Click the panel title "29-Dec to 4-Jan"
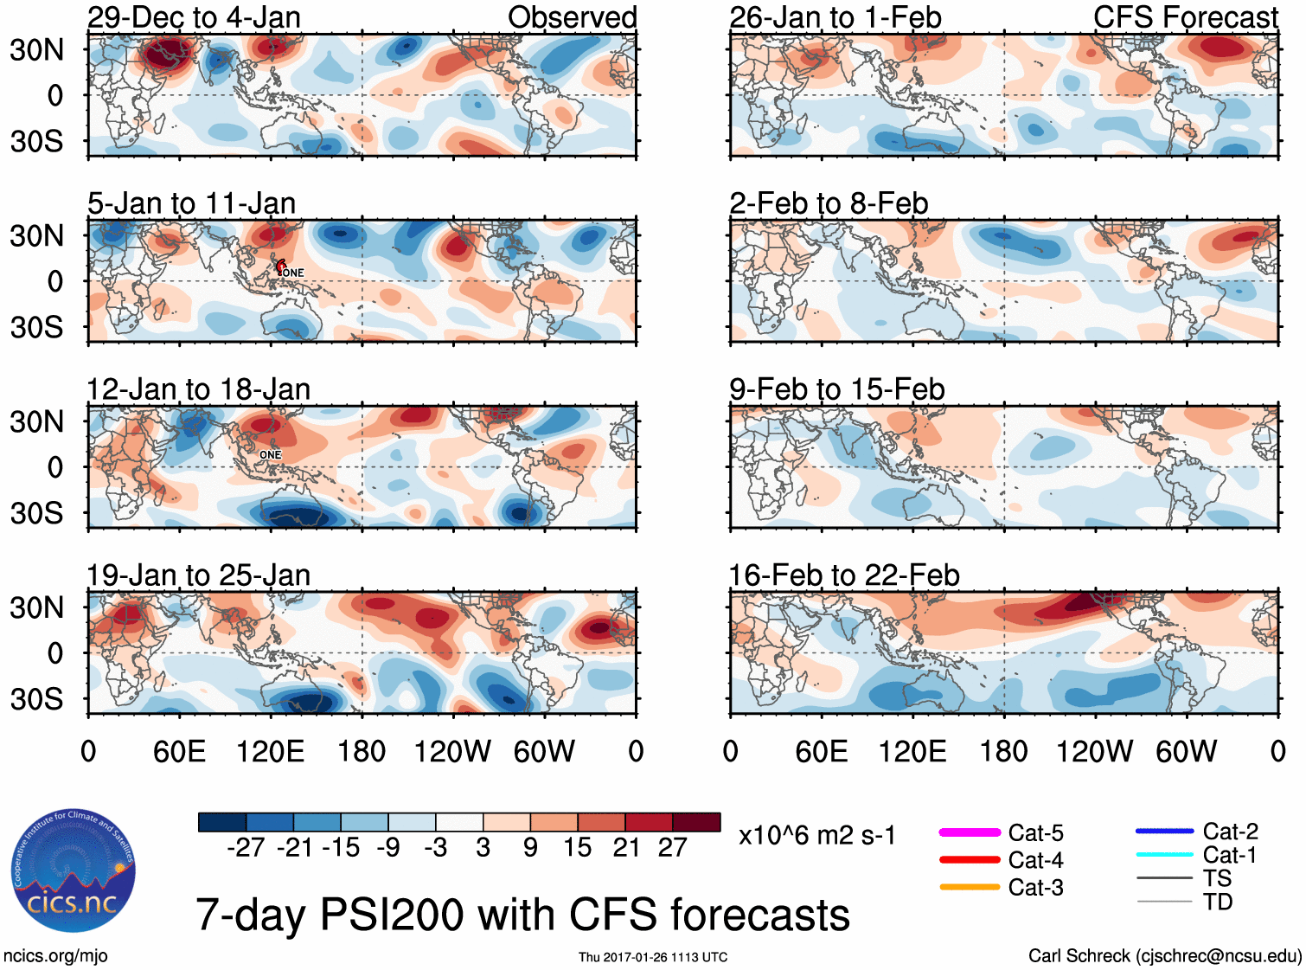194,17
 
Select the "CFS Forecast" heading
1185,17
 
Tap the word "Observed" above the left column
572,17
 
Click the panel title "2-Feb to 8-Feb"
829,203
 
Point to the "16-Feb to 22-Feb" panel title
844,575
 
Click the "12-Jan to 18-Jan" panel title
198,389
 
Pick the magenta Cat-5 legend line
970,832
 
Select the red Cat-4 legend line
970,860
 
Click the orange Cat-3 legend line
970,887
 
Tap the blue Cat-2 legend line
1164,832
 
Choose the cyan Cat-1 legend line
1164,855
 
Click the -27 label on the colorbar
246,848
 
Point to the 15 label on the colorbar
577,848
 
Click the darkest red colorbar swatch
696,822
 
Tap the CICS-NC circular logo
74,870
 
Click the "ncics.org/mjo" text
55,956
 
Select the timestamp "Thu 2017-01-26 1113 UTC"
653,957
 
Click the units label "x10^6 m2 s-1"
816,836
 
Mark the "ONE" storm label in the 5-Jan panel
293,273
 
